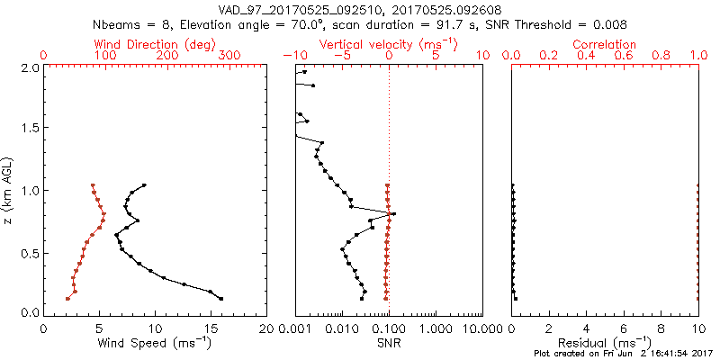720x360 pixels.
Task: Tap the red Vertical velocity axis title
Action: coord(388,44)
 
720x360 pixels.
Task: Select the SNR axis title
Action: coord(389,343)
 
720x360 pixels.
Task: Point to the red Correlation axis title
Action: coord(605,44)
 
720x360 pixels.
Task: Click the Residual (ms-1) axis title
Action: coord(605,343)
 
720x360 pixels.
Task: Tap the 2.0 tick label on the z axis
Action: coord(29,67)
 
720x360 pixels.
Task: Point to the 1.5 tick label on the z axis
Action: coord(29,129)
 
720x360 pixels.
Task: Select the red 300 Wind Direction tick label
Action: coord(230,56)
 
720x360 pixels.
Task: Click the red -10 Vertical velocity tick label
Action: coord(292,56)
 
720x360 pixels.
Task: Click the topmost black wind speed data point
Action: coord(144,185)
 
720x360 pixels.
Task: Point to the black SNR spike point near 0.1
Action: coord(393,213)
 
